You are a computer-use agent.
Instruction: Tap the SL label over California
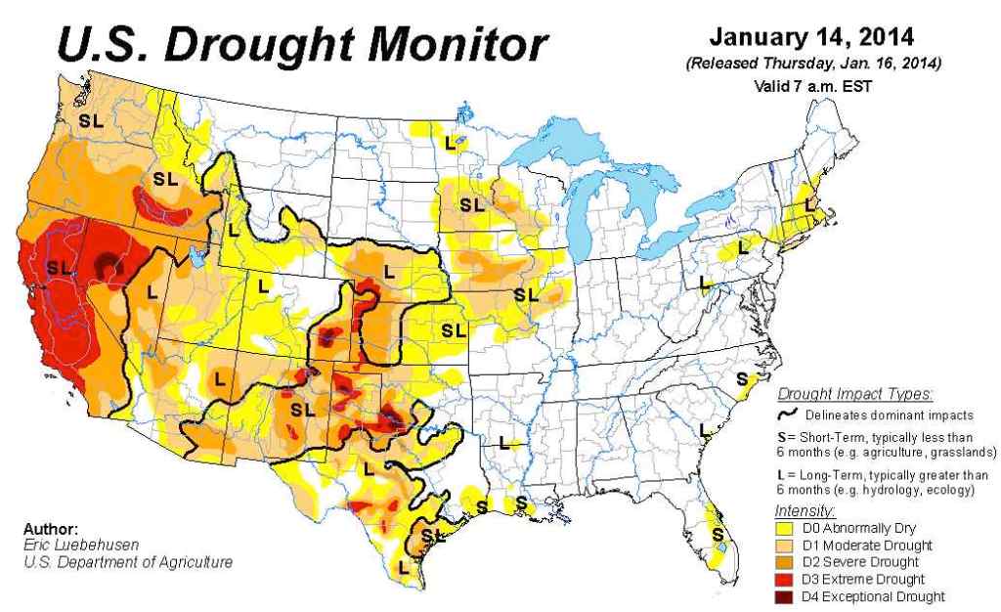click(x=60, y=266)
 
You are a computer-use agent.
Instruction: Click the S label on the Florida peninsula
click(x=718, y=534)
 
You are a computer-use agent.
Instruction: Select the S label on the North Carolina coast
click(x=742, y=378)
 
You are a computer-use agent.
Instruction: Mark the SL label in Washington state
click(x=92, y=122)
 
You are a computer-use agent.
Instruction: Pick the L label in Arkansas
click(x=505, y=441)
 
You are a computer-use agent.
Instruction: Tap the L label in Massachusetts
click(x=808, y=205)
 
